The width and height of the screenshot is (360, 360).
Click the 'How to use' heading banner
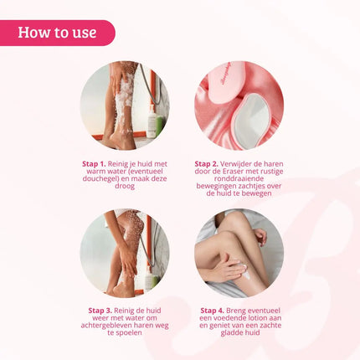coord(57,33)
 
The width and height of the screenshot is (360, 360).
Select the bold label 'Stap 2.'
coord(208,164)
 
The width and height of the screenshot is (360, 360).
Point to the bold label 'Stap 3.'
coord(101,310)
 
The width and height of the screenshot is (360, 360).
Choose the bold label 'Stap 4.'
coord(214,310)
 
